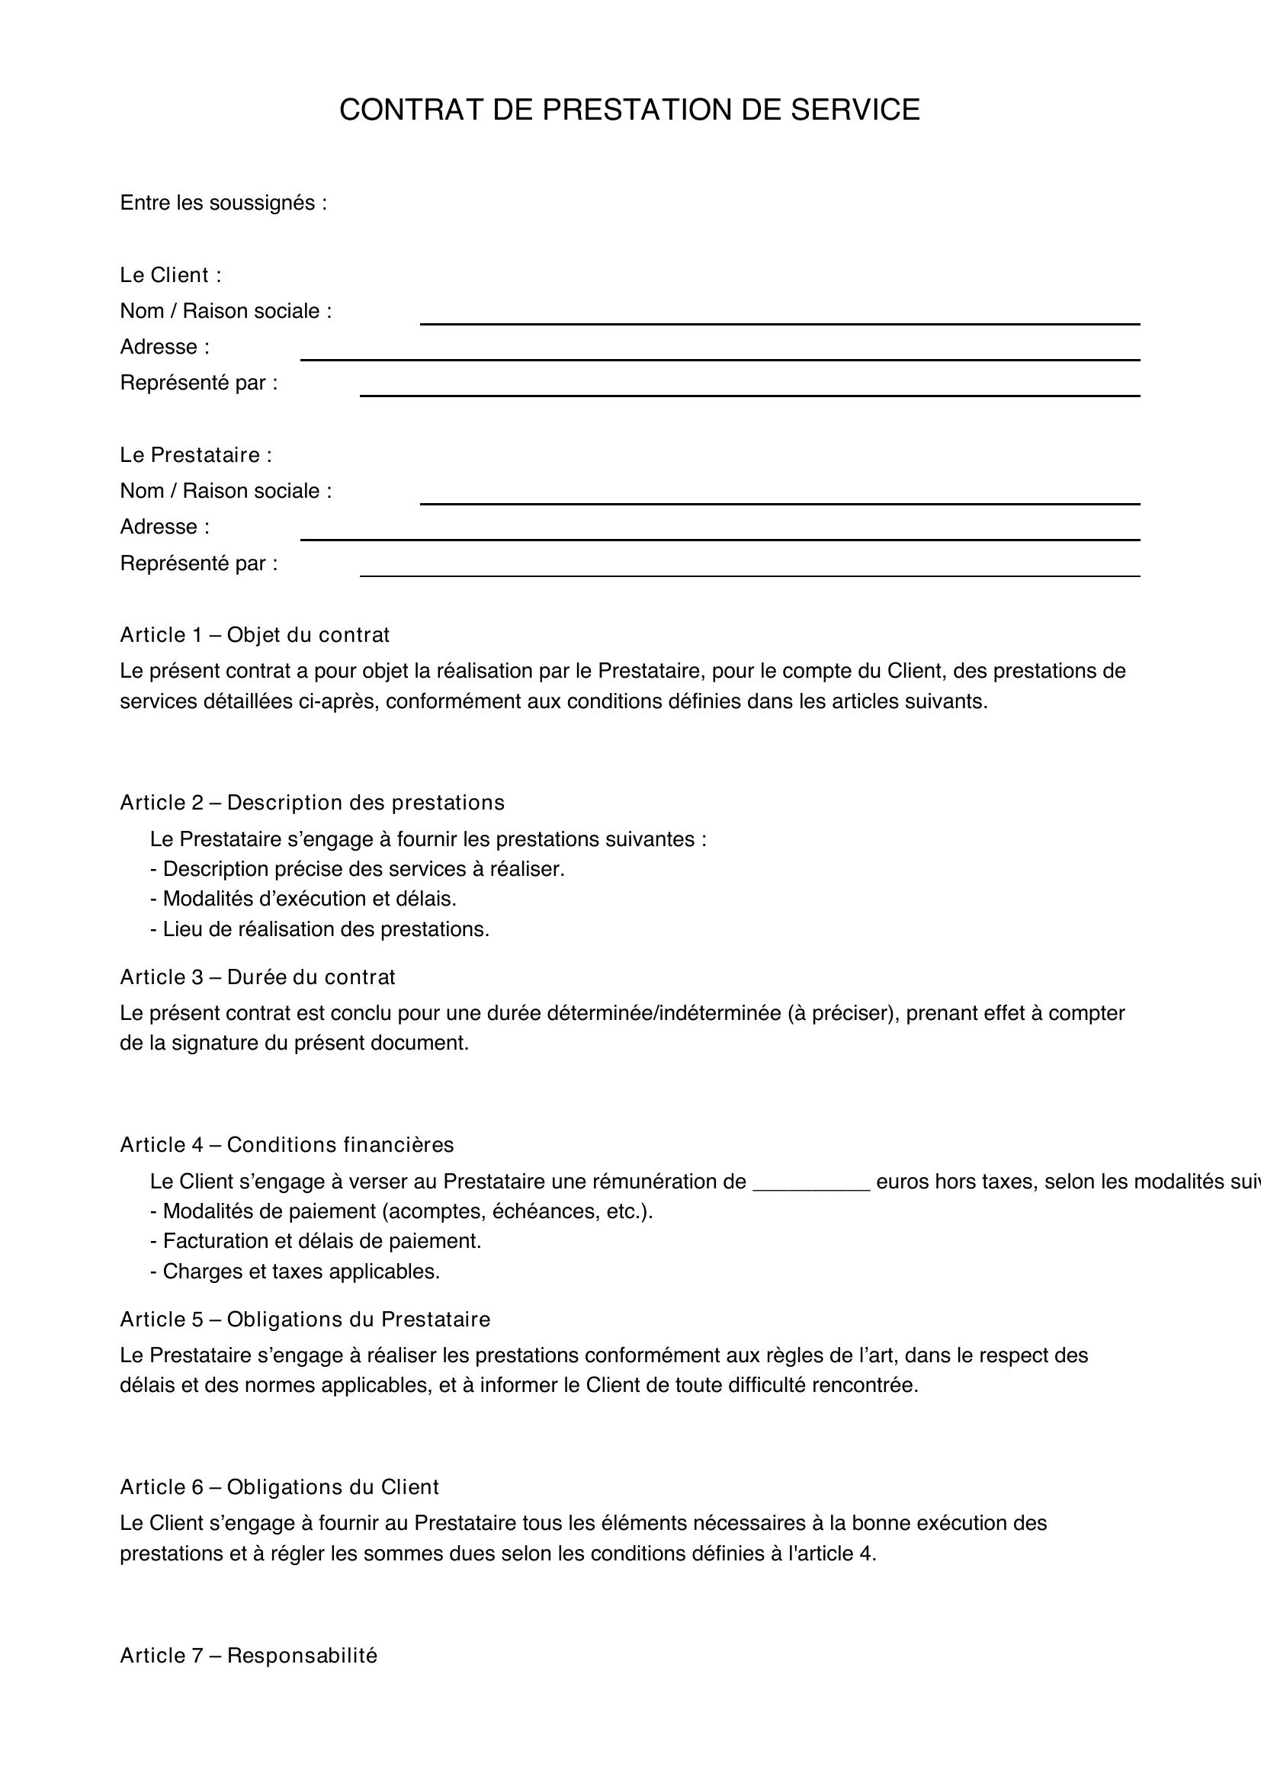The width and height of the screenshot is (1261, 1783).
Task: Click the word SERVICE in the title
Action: (855, 111)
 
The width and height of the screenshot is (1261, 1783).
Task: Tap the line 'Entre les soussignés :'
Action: (223, 203)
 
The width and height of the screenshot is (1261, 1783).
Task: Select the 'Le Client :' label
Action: (171, 275)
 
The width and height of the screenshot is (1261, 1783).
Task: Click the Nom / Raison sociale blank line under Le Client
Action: (780, 322)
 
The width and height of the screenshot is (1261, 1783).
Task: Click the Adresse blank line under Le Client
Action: (720, 358)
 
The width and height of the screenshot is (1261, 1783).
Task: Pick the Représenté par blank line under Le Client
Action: (749, 395)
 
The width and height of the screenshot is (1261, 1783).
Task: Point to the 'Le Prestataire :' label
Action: (196, 454)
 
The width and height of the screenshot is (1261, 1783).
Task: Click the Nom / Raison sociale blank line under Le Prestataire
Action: (780, 502)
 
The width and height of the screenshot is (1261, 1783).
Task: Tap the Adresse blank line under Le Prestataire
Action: (720, 538)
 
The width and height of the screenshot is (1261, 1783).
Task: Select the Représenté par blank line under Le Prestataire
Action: (749, 575)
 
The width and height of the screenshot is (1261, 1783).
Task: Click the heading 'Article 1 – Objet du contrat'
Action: (255, 634)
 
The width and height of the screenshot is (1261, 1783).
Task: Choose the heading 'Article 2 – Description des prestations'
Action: (312, 802)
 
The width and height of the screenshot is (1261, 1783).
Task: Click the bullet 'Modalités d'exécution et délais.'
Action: (303, 899)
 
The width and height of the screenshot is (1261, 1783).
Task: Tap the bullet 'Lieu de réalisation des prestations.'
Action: (320, 928)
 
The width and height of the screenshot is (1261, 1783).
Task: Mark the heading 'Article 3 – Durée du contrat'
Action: (258, 976)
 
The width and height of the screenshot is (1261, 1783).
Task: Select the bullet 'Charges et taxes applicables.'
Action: (295, 1272)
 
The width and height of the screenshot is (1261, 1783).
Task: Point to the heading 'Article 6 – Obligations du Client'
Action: (280, 1486)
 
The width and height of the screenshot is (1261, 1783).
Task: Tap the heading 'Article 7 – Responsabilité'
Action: (249, 1655)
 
